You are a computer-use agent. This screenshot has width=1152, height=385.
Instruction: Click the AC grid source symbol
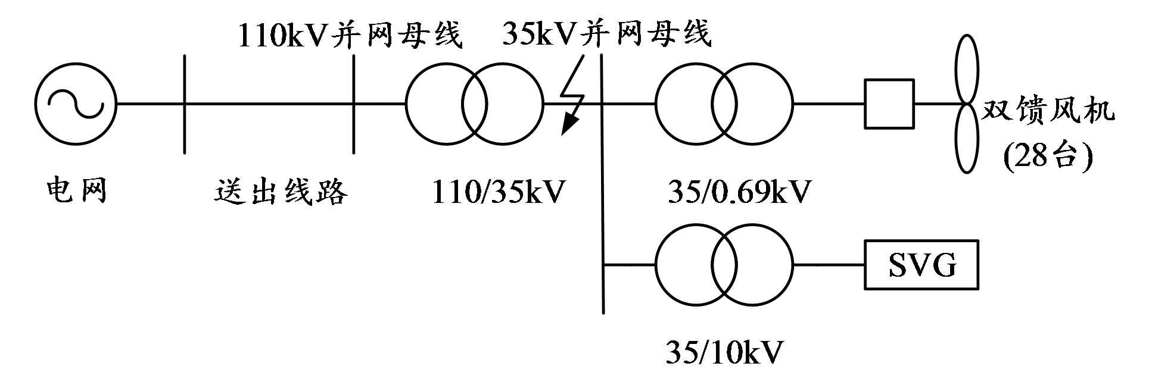coord(76,104)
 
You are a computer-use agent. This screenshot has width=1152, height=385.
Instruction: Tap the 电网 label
coord(77,190)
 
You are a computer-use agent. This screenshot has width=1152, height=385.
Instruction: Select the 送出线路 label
coord(281,192)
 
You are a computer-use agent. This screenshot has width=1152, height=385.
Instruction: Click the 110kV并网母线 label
coord(350,35)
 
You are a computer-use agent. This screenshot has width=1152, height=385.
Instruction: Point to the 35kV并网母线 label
coord(607,33)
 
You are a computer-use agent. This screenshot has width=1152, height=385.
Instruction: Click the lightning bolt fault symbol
coord(574,95)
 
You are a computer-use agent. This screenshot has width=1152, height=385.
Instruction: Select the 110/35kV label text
coord(498,192)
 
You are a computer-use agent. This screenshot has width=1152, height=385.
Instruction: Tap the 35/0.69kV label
coord(739,192)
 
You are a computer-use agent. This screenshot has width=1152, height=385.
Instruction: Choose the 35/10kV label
coord(724,352)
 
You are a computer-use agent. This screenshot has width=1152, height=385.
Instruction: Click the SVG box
coord(921,265)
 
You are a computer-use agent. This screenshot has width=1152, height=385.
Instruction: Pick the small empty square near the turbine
coord(889,104)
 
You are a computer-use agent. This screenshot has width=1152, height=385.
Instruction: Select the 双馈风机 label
coord(1048,111)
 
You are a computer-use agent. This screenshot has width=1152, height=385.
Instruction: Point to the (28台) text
coord(1048,156)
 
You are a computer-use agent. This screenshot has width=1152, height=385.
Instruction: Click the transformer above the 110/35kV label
coord(474,104)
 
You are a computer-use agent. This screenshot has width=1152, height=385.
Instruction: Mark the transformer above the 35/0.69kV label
coord(724,104)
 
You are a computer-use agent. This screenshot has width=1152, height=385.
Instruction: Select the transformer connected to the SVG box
coord(724,265)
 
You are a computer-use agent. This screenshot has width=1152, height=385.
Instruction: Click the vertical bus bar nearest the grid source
coord(185,104)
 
